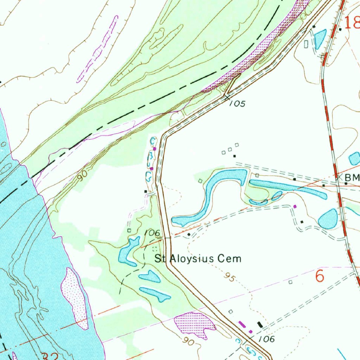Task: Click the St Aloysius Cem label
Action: pos(198,259)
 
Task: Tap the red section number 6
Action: pos(320,276)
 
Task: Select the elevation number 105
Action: pos(237,103)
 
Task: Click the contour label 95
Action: pos(229,278)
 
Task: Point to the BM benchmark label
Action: pos(352,178)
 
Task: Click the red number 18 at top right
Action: pos(352,24)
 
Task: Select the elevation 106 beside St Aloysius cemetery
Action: pos(152,233)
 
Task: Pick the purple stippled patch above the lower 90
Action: pos(195,324)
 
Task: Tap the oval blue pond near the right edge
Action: pos(328,219)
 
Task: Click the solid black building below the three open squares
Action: pos(234,156)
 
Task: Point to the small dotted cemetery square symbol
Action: pos(154,249)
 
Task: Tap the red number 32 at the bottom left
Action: pos(50,356)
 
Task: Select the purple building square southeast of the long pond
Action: pos(295,206)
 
